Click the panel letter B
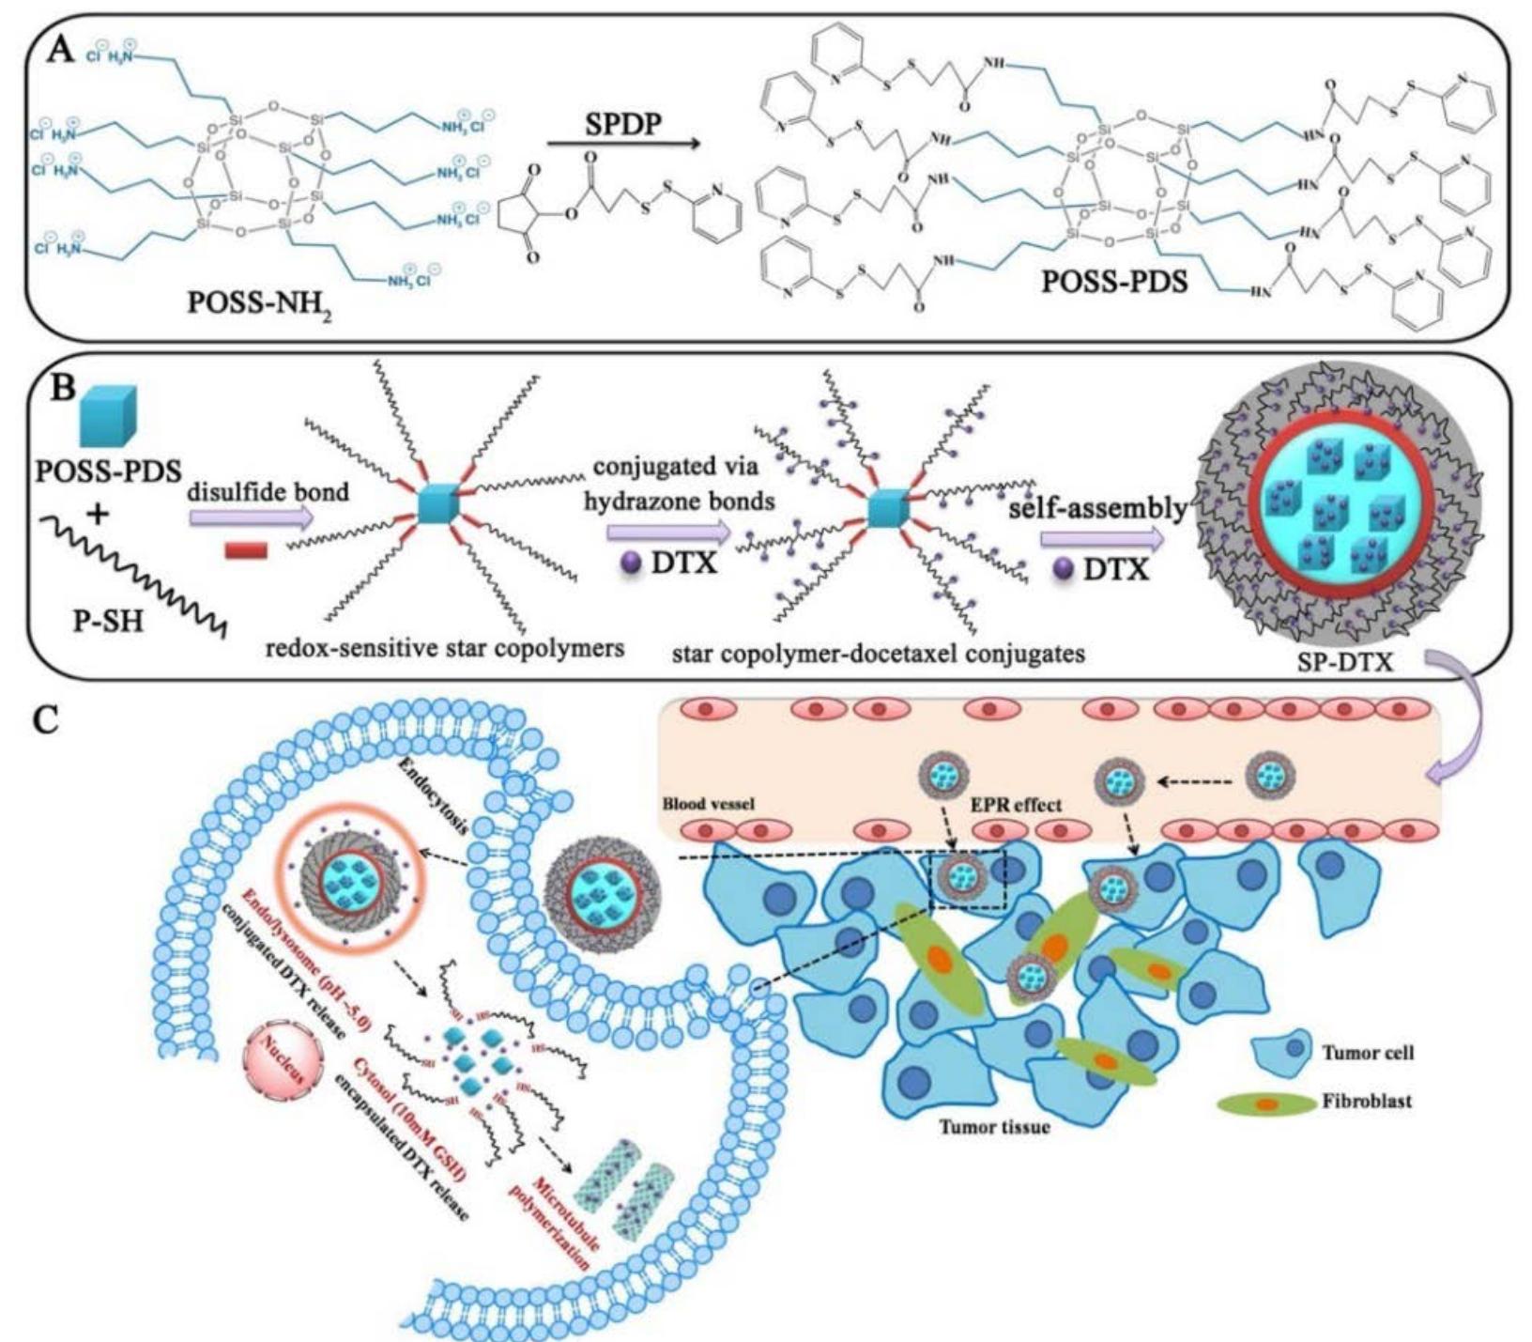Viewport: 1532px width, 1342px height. point(62,387)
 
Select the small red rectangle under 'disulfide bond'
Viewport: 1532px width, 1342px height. point(246,549)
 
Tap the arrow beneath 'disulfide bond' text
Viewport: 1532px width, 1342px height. point(250,517)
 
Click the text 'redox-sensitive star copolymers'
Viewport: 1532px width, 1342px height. point(445,647)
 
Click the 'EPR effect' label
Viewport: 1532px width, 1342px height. point(1018,805)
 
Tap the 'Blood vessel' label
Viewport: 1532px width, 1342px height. point(709,805)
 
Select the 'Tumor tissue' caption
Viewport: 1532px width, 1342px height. point(994,1126)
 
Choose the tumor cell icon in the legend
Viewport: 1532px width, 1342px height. point(1282,1051)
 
